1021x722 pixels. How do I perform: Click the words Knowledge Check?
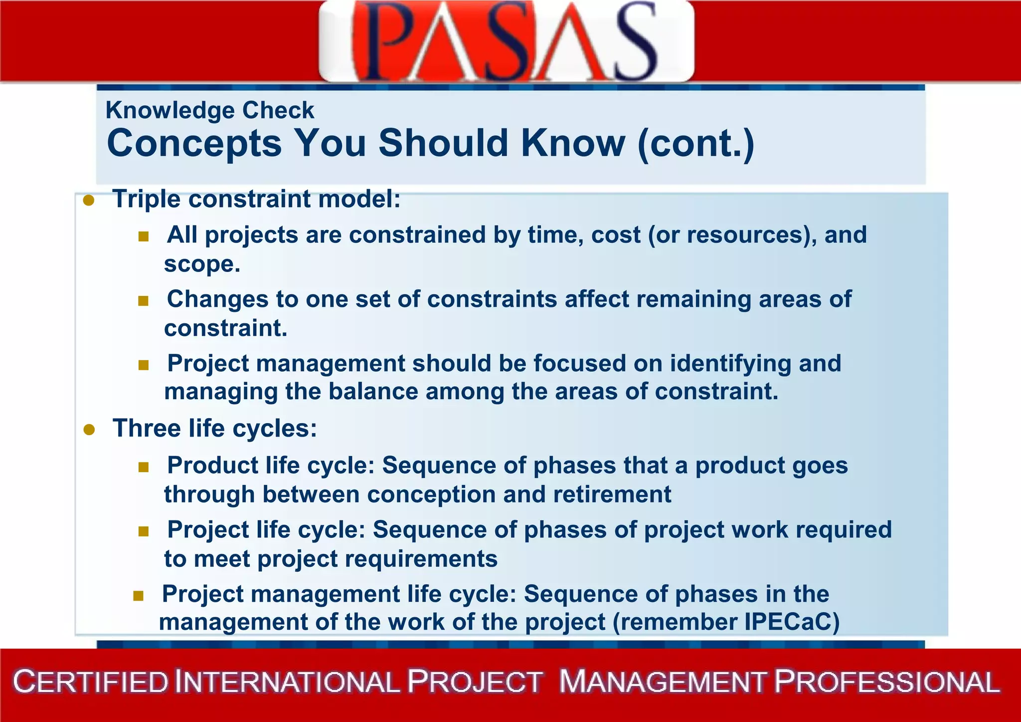tap(210, 110)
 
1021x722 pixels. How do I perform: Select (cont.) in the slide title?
tap(696, 144)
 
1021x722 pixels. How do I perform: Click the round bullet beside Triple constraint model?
tap(89, 201)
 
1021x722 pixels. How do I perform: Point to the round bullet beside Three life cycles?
tap(89, 430)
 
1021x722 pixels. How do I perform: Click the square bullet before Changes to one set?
tap(144, 300)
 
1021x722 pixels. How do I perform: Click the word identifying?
tap(730, 363)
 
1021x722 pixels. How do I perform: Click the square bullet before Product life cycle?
tap(144, 467)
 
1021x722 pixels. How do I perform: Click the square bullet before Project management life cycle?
tap(138, 595)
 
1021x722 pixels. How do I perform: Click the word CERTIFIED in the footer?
tap(91, 683)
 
